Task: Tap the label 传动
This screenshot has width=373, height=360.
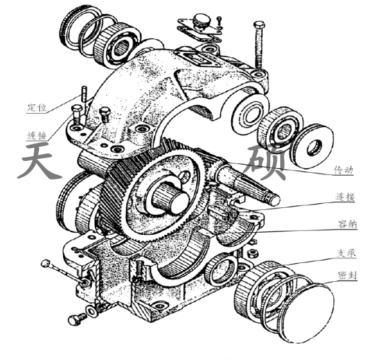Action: click(343, 170)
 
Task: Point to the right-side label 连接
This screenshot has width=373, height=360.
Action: click(345, 197)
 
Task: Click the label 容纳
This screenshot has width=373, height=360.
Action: click(347, 224)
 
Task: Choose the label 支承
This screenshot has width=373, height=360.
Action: click(346, 253)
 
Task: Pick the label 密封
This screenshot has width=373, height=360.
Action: click(347, 275)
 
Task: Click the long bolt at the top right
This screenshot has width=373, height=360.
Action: click(259, 45)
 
